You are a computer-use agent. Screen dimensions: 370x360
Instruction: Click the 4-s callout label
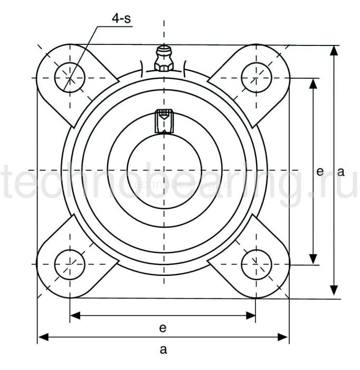click(121, 19)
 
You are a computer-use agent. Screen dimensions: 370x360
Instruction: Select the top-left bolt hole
click(70, 77)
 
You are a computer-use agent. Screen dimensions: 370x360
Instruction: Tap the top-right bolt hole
click(256, 77)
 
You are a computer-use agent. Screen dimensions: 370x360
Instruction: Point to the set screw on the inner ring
click(163, 121)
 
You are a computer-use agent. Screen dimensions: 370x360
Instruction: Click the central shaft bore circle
click(163, 170)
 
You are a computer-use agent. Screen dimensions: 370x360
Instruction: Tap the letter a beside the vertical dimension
click(340, 171)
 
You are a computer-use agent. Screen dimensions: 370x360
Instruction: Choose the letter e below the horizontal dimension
click(163, 328)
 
